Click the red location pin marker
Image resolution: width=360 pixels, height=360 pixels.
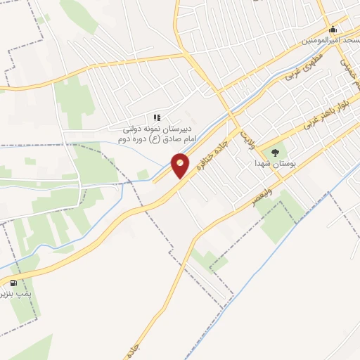click(181, 166)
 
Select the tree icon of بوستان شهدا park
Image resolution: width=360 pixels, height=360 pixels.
click(275, 151)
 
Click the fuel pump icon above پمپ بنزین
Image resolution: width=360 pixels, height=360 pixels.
click(13, 283)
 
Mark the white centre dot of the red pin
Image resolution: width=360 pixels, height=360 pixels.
click(181, 162)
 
